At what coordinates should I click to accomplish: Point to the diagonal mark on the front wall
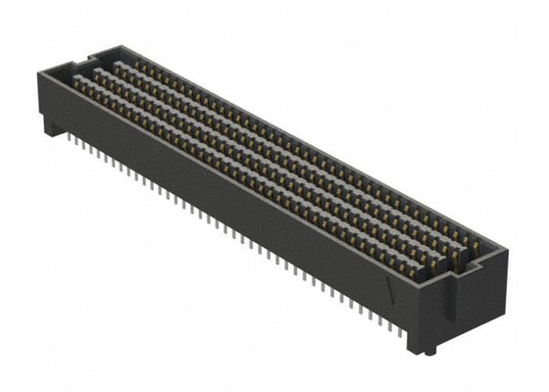click(393, 291)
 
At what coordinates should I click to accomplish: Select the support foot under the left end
click(49, 122)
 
